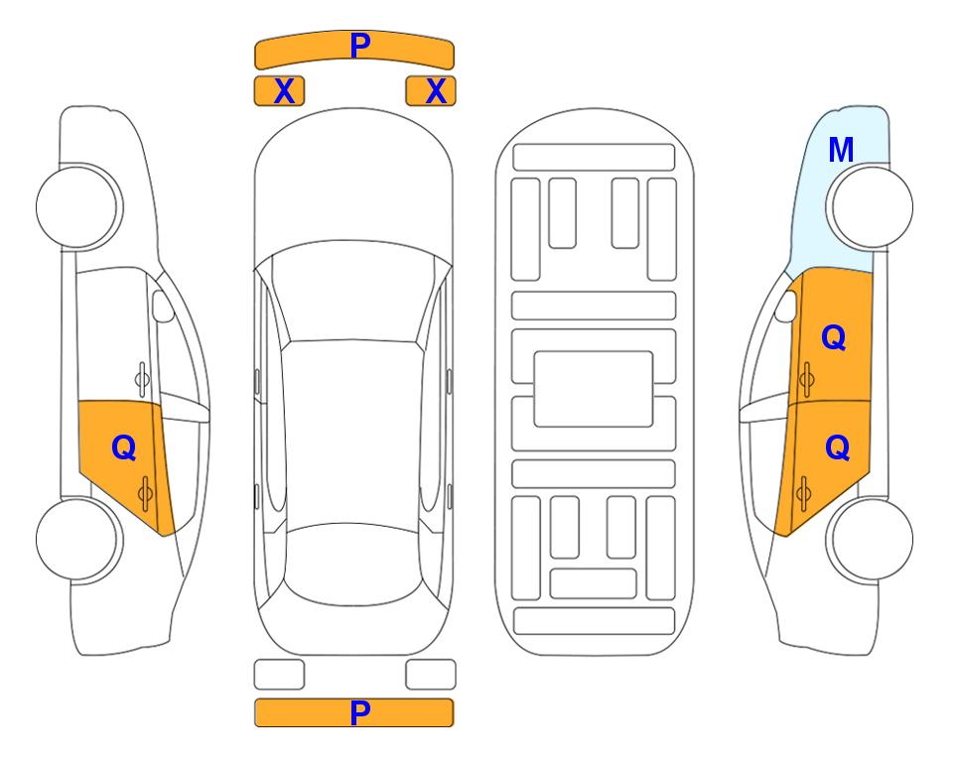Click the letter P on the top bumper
coord(359,46)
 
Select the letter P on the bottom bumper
coord(359,712)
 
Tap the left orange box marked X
coord(279,91)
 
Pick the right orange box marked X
coord(431,91)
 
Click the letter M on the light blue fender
coord(841,150)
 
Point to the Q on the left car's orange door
coord(124,448)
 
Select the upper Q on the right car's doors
coord(834,337)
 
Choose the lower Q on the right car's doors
coord(837,448)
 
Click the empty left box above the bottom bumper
coord(279,675)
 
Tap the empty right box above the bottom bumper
coord(431,675)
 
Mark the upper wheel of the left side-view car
coord(77,206)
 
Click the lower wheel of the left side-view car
coord(77,539)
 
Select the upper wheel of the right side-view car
coord(872,206)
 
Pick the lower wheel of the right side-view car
coord(872,539)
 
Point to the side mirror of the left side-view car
coord(162,306)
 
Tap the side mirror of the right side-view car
coord(786,306)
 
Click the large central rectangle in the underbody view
coord(594,389)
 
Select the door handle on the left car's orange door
coord(145,493)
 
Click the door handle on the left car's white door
coord(141,380)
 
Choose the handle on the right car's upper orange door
coord(806,379)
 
